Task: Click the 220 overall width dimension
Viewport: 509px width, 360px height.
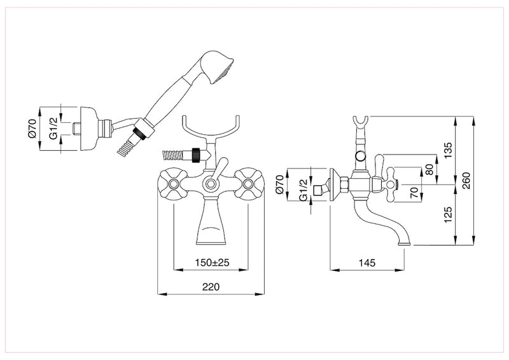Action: [x=211, y=287]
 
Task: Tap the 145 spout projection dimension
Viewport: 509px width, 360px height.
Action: [x=367, y=262]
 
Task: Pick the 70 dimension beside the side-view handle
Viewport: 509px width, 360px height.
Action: [x=414, y=193]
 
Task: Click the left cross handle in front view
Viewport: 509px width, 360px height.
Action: [x=172, y=184]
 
